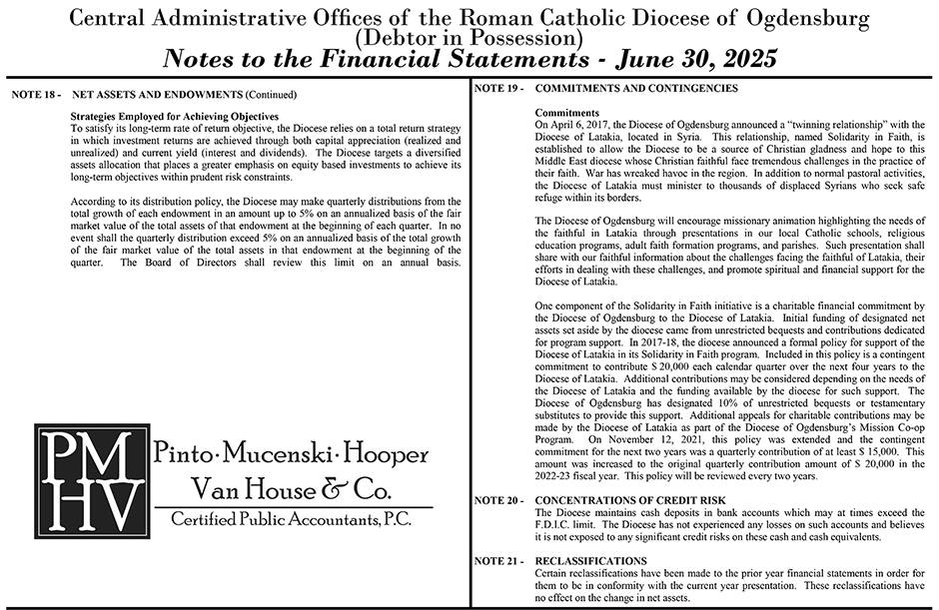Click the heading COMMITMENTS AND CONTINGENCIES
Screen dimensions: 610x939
[x=637, y=89]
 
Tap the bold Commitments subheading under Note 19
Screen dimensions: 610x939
[x=567, y=113]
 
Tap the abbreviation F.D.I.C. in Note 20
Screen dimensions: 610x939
[x=556, y=524]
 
